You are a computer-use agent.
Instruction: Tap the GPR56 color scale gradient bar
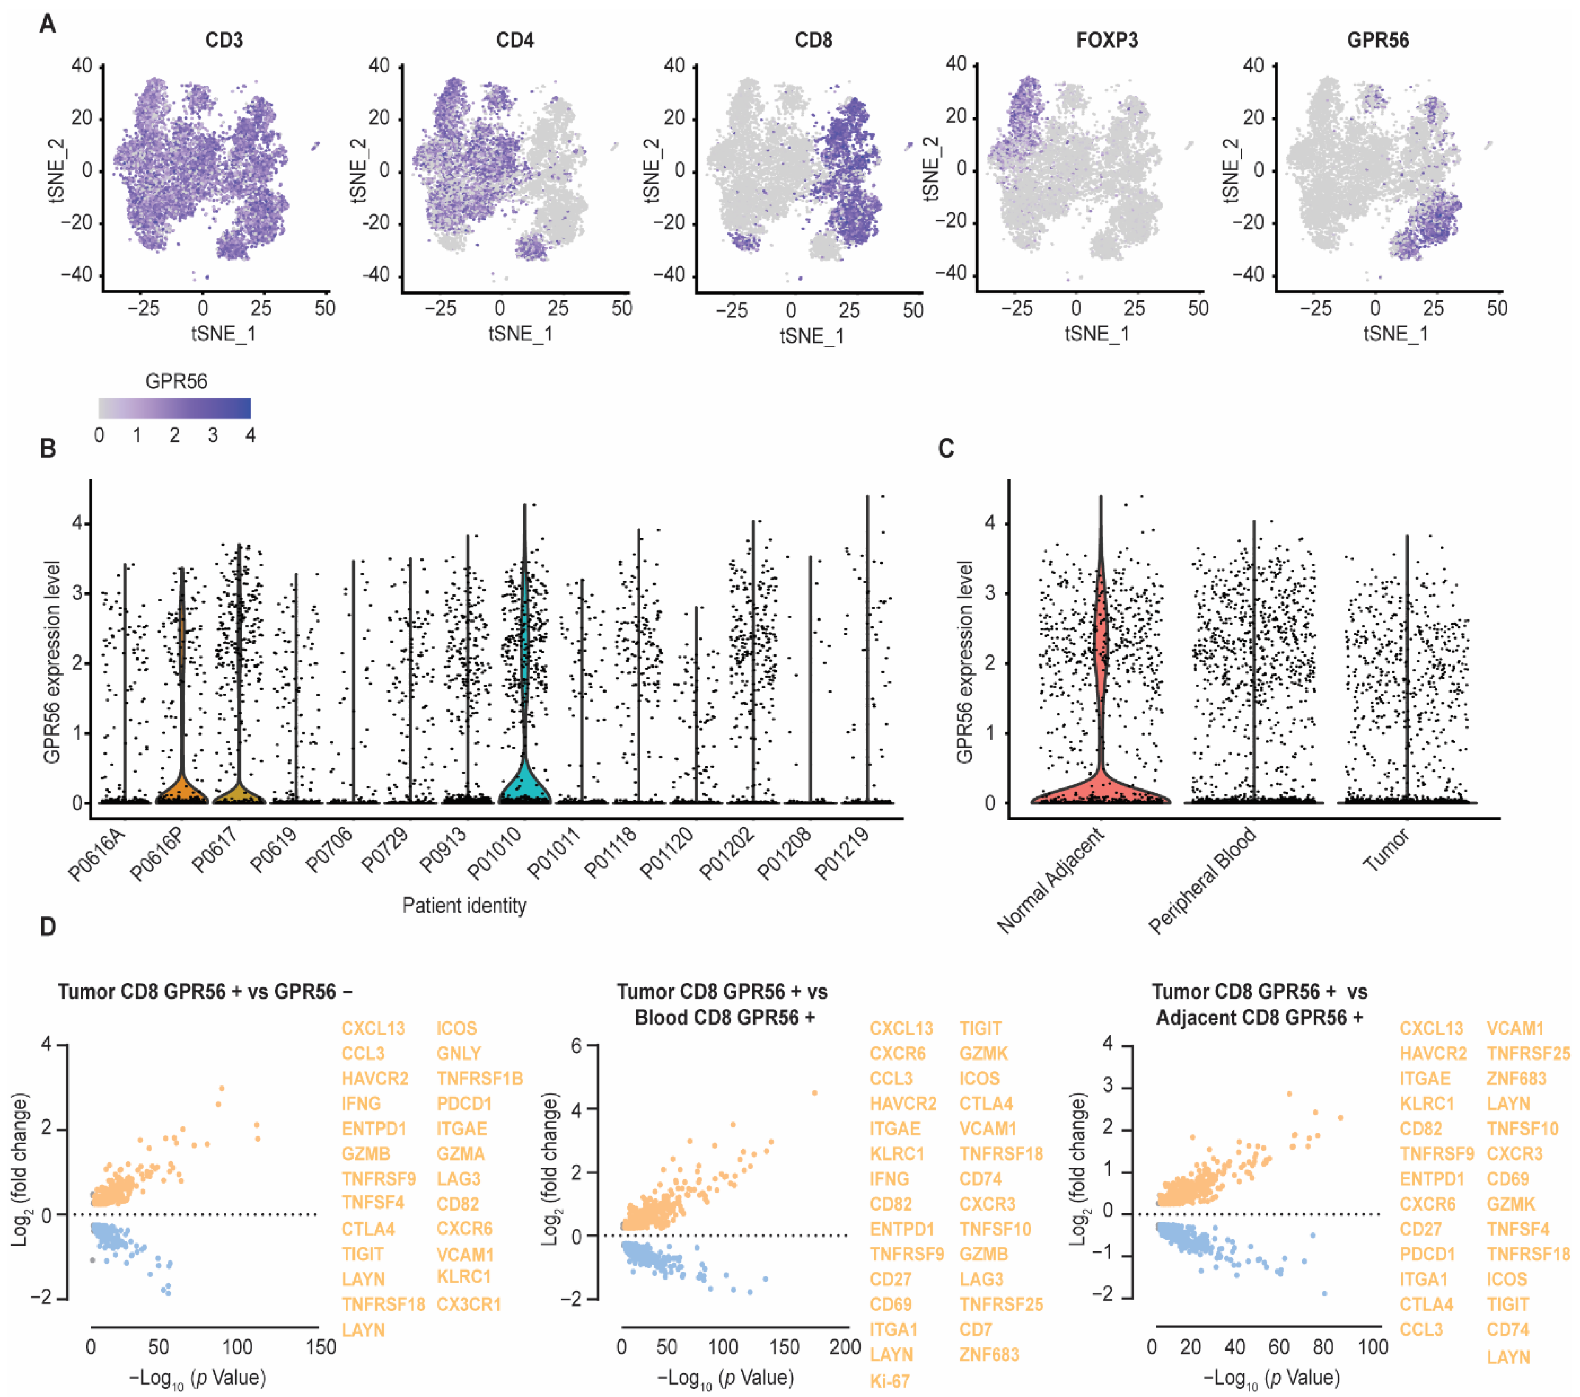point(175,408)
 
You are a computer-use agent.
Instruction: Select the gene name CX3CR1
point(468,1304)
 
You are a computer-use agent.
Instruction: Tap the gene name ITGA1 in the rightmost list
point(1423,1280)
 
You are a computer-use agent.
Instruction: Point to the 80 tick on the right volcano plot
point(1323,1347)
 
